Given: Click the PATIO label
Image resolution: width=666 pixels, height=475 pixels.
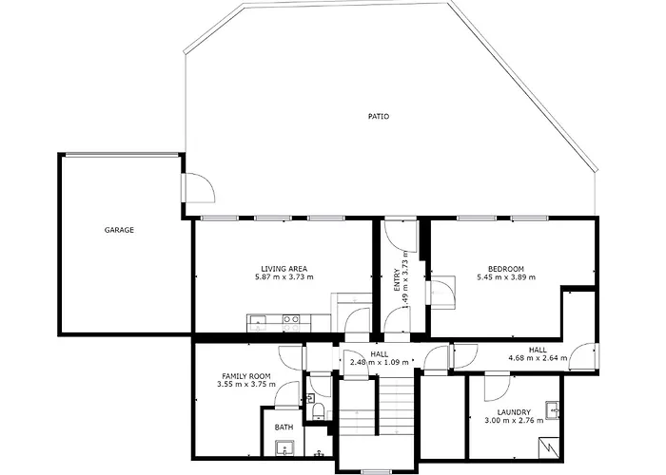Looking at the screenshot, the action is point(378,116).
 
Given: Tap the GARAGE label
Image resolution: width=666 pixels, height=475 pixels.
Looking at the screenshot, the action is point(119,230).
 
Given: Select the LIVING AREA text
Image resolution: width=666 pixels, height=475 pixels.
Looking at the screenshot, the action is point(284,269).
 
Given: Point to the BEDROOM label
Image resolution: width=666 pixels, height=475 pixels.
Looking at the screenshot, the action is point(506,269).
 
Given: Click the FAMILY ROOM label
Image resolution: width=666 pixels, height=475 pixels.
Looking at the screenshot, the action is point(246,376).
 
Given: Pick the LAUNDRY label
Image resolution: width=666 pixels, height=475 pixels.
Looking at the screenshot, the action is point(514,412).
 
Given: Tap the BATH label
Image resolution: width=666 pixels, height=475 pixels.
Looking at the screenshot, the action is point(284,427).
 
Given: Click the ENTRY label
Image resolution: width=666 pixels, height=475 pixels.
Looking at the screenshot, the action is point(397,280).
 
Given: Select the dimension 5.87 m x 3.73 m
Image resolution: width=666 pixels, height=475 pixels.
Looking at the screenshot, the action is point(284,277).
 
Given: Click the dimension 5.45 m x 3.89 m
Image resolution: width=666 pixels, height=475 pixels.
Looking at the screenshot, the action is point(506,277).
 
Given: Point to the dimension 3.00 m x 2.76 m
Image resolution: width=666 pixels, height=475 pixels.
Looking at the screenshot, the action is point(514,421).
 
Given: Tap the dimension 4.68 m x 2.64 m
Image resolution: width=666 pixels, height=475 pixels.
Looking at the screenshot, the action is point(538,358).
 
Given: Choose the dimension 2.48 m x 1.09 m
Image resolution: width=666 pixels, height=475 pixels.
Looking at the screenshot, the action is point(380,362).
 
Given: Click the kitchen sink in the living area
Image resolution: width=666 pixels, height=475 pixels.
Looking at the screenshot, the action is point(258,323).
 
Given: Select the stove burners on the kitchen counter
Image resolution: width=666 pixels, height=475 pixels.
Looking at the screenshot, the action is point(292,323).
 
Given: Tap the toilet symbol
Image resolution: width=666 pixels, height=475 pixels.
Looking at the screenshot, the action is point(318,411).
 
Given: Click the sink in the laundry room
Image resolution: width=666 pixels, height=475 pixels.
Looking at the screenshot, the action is point(553,410).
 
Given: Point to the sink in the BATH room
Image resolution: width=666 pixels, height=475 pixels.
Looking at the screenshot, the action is point(284,447).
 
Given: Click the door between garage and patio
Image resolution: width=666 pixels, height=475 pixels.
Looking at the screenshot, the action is point(198,187).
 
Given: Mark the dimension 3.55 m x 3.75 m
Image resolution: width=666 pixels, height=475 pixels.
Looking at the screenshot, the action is point(246,385).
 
